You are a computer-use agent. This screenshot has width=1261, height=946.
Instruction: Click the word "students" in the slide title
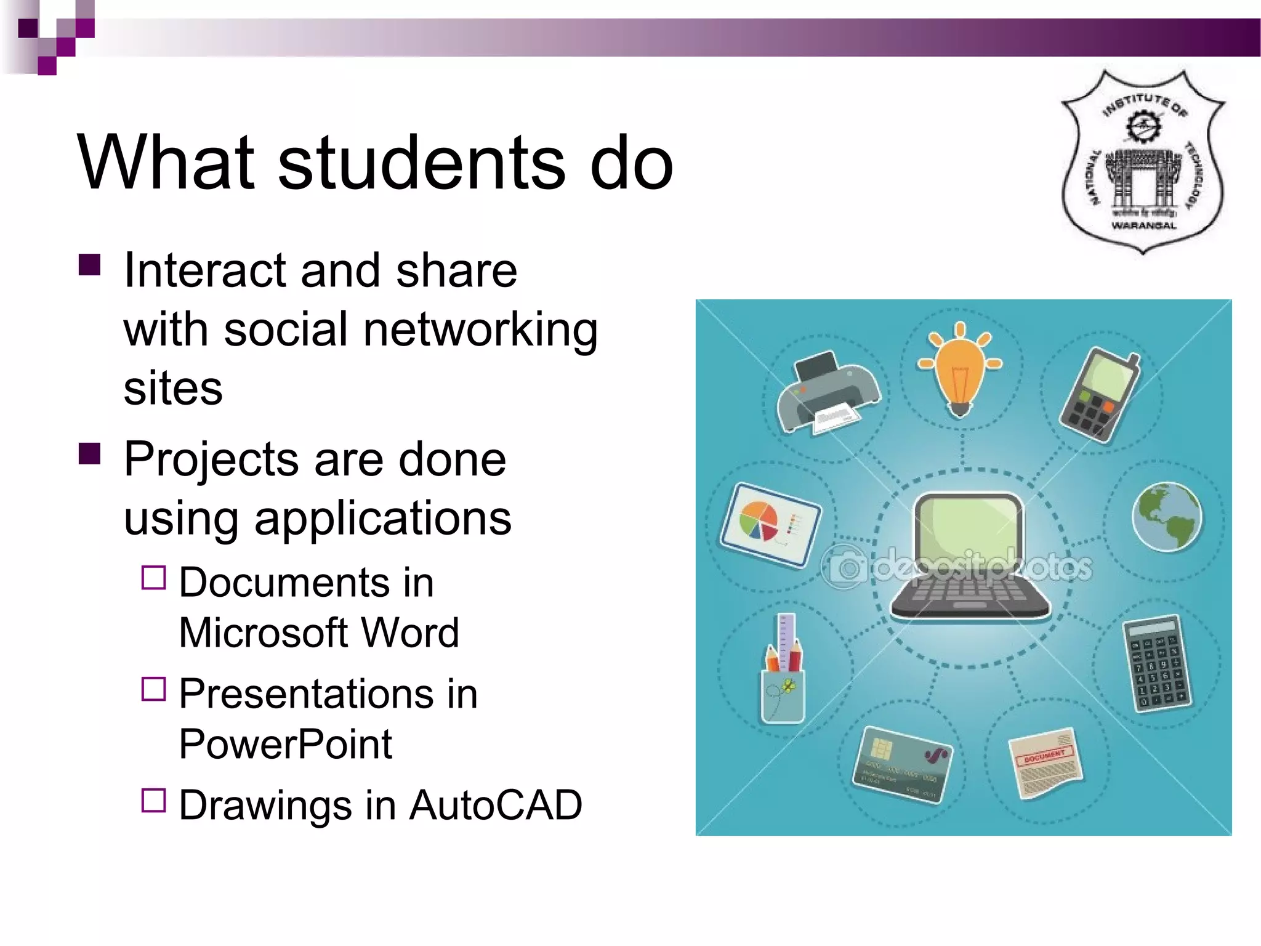[421, 163]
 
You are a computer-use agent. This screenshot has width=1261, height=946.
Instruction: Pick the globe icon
[1167, 517]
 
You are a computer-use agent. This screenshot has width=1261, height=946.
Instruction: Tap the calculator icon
[1157, 664]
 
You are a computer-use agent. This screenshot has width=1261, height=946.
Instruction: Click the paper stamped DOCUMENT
[1045, 764]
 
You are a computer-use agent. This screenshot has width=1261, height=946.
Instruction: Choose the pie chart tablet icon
[770, 524]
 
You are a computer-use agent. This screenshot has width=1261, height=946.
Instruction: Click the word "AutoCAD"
[496, 805]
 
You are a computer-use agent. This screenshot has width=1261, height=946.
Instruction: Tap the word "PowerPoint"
[286, 744]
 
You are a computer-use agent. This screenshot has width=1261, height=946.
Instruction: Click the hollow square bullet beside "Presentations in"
[153, 689]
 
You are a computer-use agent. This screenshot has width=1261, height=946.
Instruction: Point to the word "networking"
[480, 330]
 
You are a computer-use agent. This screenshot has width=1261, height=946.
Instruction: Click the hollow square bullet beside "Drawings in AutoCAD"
[153, 800]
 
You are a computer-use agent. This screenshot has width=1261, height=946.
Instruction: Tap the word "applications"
[382, 519]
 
